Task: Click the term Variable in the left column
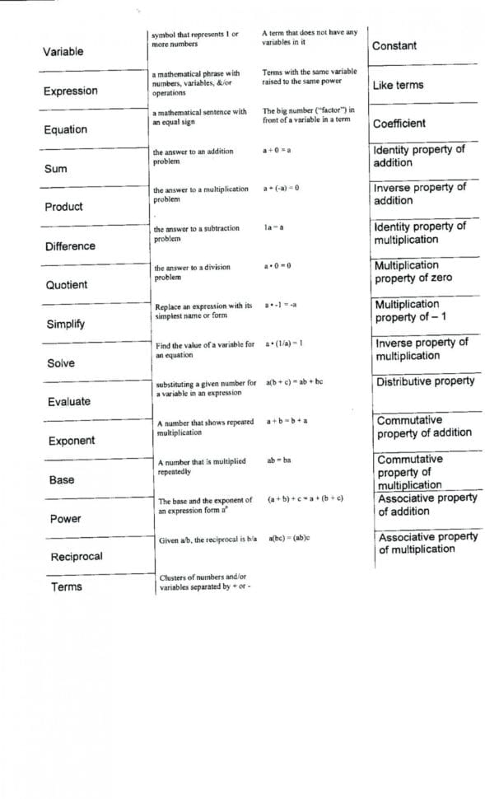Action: click(63, 52)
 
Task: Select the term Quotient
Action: click(67, 285)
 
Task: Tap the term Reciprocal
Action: click(77, 557)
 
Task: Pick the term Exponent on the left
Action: click(72, 441)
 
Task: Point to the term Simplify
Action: click(65, 324)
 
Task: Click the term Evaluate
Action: click(69, 402)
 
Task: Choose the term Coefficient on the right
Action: click(399, 124)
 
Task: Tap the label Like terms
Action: click(398, 85)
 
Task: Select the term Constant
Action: click(394, 46)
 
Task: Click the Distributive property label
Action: click(426, 382)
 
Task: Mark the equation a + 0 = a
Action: click(277, 152)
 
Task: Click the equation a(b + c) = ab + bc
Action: click(294, 383)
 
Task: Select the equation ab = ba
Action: click(278, 460)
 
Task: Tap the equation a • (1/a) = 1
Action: click(283, 343)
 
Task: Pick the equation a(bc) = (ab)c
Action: click(288, 538)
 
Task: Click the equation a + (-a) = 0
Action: click(281, 189)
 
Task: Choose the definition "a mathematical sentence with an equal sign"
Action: click(198, 117)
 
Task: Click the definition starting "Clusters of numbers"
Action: click(203, 582)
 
